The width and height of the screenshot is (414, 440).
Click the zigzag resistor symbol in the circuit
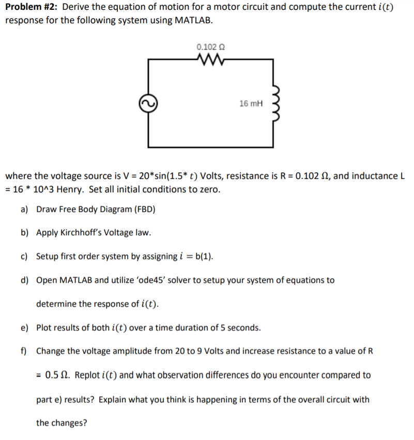tap(210, 60)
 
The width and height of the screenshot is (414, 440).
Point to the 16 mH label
tap(251, 103)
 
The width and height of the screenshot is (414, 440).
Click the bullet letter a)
tap(24, 209)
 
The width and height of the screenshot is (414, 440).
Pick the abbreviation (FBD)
tap(144, 209)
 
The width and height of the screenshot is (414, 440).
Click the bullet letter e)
tap(24, 328)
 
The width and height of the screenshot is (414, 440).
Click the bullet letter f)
tap(24, 351)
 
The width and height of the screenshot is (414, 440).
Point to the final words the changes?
tap(62, 422)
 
